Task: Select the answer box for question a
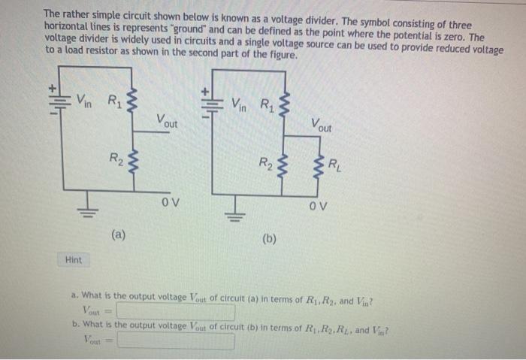point(175,311)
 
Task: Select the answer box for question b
point(175,340)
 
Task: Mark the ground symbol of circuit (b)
point(238,208)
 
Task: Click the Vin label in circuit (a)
point(86,100)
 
